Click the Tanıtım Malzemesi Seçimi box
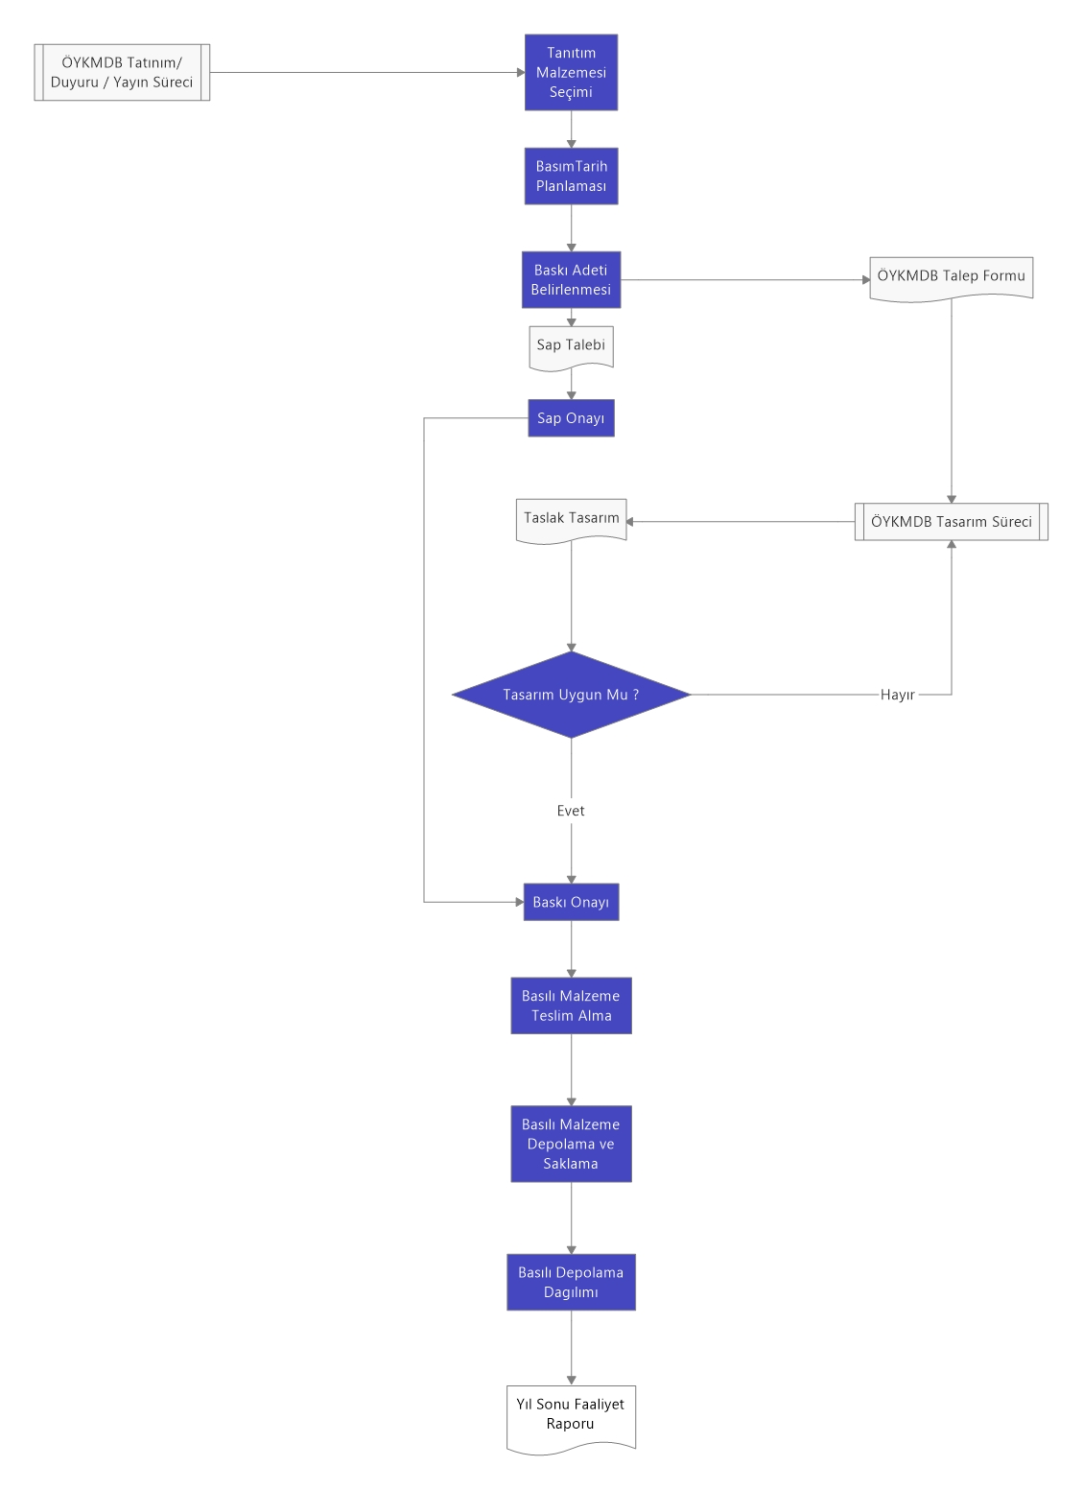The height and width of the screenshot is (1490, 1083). click(571, 73)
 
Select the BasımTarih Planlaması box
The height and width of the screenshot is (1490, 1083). click(571, 177)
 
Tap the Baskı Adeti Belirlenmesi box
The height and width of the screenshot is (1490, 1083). click(571, 280)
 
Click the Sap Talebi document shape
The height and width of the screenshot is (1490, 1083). click(571, 348)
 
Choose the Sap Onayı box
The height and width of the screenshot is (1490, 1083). click(571, 417)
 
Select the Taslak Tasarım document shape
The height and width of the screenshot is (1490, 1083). click(571, 521)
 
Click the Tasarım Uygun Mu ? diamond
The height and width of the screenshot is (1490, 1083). click(571, 695)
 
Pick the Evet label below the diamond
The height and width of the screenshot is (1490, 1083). click(571, 810)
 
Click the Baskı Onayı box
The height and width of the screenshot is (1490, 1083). click(571, 902)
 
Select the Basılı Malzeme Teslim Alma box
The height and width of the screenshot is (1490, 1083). click(571, 1005)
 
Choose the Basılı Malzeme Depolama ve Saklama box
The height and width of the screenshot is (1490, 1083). click(571, 1144)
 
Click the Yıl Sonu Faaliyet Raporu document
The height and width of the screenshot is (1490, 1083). click(571, 1418)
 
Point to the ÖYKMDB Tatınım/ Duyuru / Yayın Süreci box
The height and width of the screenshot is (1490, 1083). click(122, 73)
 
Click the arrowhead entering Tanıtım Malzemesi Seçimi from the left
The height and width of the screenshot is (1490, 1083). click(521, 73)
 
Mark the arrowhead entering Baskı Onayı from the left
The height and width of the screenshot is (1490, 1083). click(520, 902)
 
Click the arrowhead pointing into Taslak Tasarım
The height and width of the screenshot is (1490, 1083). click(629, 522)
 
